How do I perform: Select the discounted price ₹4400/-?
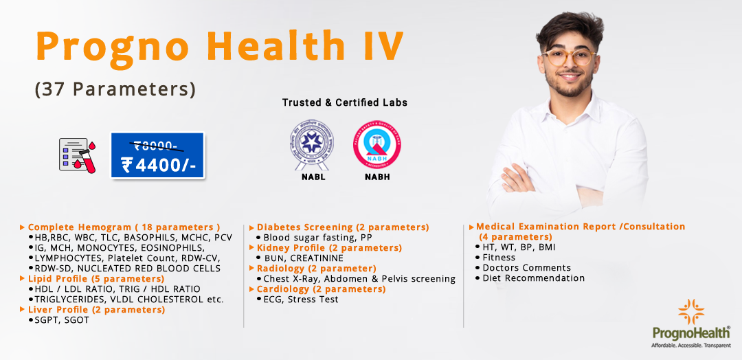(157, 166)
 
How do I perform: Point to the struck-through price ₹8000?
(156, 145)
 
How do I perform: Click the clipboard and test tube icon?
(77, 154)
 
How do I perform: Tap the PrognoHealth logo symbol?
(690, 312)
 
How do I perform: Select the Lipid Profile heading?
(95, 278)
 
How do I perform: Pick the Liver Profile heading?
(96, 309)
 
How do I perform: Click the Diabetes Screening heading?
(342, 227)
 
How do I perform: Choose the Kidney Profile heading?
(328, 247)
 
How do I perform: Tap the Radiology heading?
(316, 268)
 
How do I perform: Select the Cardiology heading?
(321, 289)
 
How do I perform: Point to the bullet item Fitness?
(499, 257)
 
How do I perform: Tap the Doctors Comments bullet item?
(526, 267)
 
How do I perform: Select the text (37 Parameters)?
(115, 89)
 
